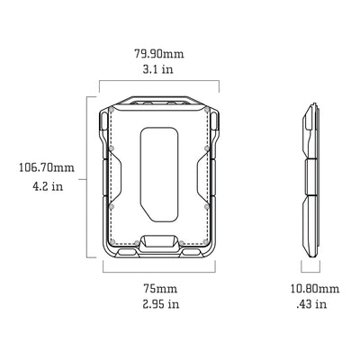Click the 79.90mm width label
(x=158, y=54)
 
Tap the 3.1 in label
(x=157, y=69)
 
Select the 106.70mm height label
(x=47, y=167)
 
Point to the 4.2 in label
(x=48, y=186)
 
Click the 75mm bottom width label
(x=160, y=289)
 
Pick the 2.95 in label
(x=161, y=304)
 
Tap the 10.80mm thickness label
(x=315, y=289)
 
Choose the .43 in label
(x=311, y=304)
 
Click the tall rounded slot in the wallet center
(x=159, y=175)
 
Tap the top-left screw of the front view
(x=112, y=110)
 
